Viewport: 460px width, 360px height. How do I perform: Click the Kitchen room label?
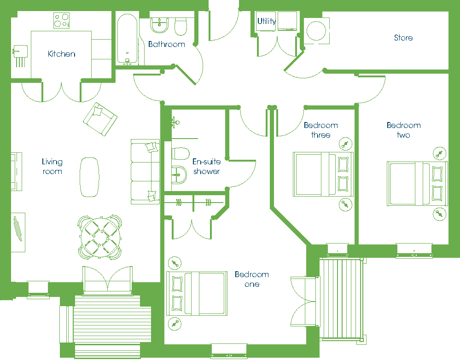[61, 54]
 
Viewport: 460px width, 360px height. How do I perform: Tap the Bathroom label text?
[166, 44]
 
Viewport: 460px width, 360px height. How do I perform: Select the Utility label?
[267, 21]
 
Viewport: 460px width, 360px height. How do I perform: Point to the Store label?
[403, 38]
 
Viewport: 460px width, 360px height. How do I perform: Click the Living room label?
[52, 166]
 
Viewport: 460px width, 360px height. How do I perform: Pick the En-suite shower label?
[207, 166]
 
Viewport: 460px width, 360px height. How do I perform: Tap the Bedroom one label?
[252, 279]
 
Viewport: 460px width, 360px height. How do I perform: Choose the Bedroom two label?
[403, 130]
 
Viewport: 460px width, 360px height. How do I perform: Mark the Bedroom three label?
[320, 130]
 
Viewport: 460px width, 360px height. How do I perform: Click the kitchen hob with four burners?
[62, 20]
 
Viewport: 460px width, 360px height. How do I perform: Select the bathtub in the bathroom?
[128, 39]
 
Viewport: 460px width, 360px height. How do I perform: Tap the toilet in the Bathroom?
[181, 26]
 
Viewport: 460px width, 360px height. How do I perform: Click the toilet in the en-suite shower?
[180, 154]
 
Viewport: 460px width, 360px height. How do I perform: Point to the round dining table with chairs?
[100, 237]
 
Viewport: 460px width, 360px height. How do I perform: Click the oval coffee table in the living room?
[89, 177]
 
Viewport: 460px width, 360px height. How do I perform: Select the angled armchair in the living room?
[100, 119]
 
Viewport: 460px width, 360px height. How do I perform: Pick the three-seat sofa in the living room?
[145, 172]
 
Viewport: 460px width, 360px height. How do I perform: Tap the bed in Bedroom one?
[197, 293]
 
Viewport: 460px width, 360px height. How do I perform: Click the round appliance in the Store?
[316, 31]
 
